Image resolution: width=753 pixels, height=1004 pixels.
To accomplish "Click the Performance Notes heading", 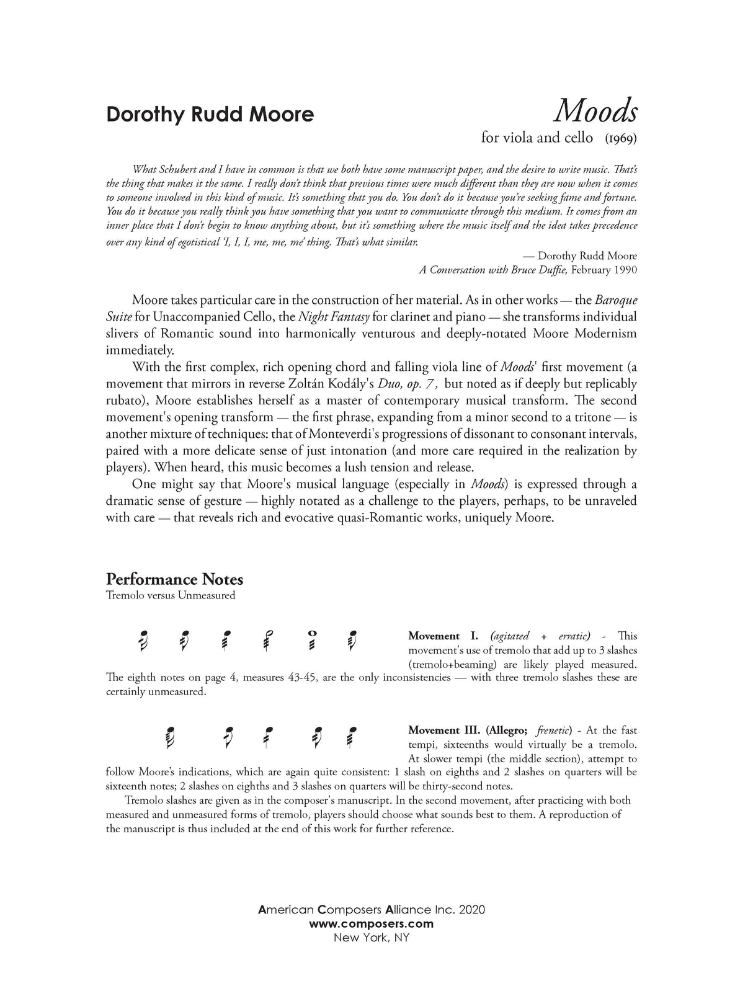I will [174, 579].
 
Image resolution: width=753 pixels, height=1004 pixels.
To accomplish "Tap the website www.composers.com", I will [371, 923].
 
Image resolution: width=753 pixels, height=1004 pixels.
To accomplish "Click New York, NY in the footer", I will [371, 937].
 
